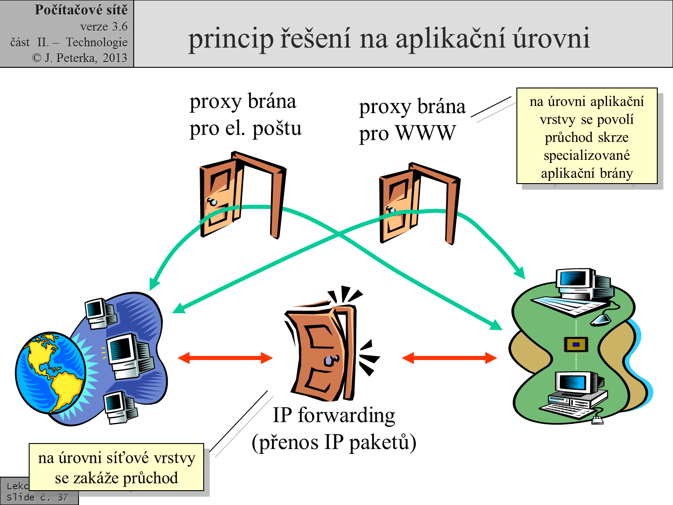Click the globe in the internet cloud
coord(49,372)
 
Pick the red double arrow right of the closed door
coord(450,358)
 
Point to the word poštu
coord(277,129)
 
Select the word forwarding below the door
coord(346,415)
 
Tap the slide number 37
coord(63,497)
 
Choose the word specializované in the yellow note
coord(587,155)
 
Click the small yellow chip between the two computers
coord(576,344)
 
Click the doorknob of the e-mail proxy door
coord(212,202)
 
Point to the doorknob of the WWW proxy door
coord(390,209)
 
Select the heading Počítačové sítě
coord(81,10)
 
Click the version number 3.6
coord(119,26)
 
